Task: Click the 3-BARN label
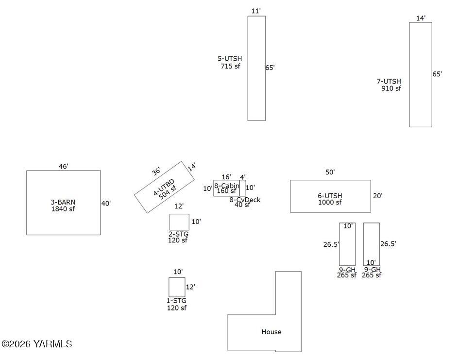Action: pyautogui.click(x=63, y=202)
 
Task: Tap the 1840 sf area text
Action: pyautogui.click(x=63, y=209)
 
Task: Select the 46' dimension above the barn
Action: pyautogui.click(x=64, y=166)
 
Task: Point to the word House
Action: pyautogui.click(x=271, y=332)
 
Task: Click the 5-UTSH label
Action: pyautogui.click(x=230, y=59)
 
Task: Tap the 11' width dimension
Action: pyautogui.click(x=256, y=11)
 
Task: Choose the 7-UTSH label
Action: pyautogui.click(x=389, y=81)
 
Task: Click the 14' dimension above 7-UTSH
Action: pyautogui.click(x=421, y=18)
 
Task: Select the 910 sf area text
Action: pyautogui.click(x=391, y=88)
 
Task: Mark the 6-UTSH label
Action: pyautogui.click(x=330, y=196)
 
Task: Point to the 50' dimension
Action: pyautogui.click(x=330, y=172)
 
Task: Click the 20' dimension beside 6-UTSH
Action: pyautogui.click(x=378, y=196)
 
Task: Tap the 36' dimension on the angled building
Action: pyautogui.click(x=156, y=171)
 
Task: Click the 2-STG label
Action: pyautogui.click(x=178, y=234)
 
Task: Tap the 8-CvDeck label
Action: pyautogui.click(x=245, y=200)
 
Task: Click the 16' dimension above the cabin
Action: pyautogui.click(x=226, y=177)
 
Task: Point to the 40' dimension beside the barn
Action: pyautogui.click(x=106, y=203)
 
